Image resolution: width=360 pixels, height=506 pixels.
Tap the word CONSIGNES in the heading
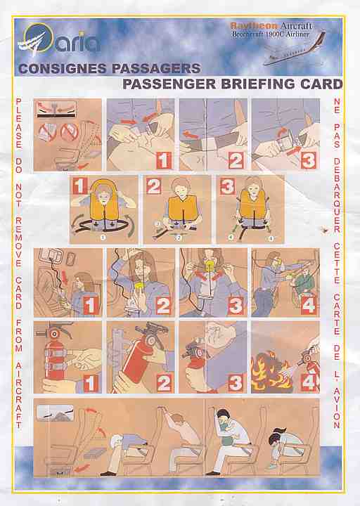click(62, 69)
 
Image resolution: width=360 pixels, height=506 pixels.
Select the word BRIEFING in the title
click(258, 84)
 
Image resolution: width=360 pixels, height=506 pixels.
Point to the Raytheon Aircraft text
click(271, 26)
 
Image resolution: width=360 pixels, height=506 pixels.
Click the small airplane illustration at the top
click(295, 50)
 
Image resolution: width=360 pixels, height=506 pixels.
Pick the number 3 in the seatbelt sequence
click(308, 160)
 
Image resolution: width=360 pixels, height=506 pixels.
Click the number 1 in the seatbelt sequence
click(164, 160)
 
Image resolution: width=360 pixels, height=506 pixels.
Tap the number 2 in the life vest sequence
click(153, 186)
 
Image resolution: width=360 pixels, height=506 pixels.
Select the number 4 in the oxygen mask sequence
click(308, 305)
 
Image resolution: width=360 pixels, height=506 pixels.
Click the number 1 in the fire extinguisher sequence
click(91, 383)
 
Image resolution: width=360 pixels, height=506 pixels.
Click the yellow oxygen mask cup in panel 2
click(141, 287)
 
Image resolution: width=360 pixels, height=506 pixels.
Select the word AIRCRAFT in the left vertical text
click(19, 395)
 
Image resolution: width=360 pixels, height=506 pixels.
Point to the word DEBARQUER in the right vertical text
click(337, 195)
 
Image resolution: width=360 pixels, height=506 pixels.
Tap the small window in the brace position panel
click(56, 413)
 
